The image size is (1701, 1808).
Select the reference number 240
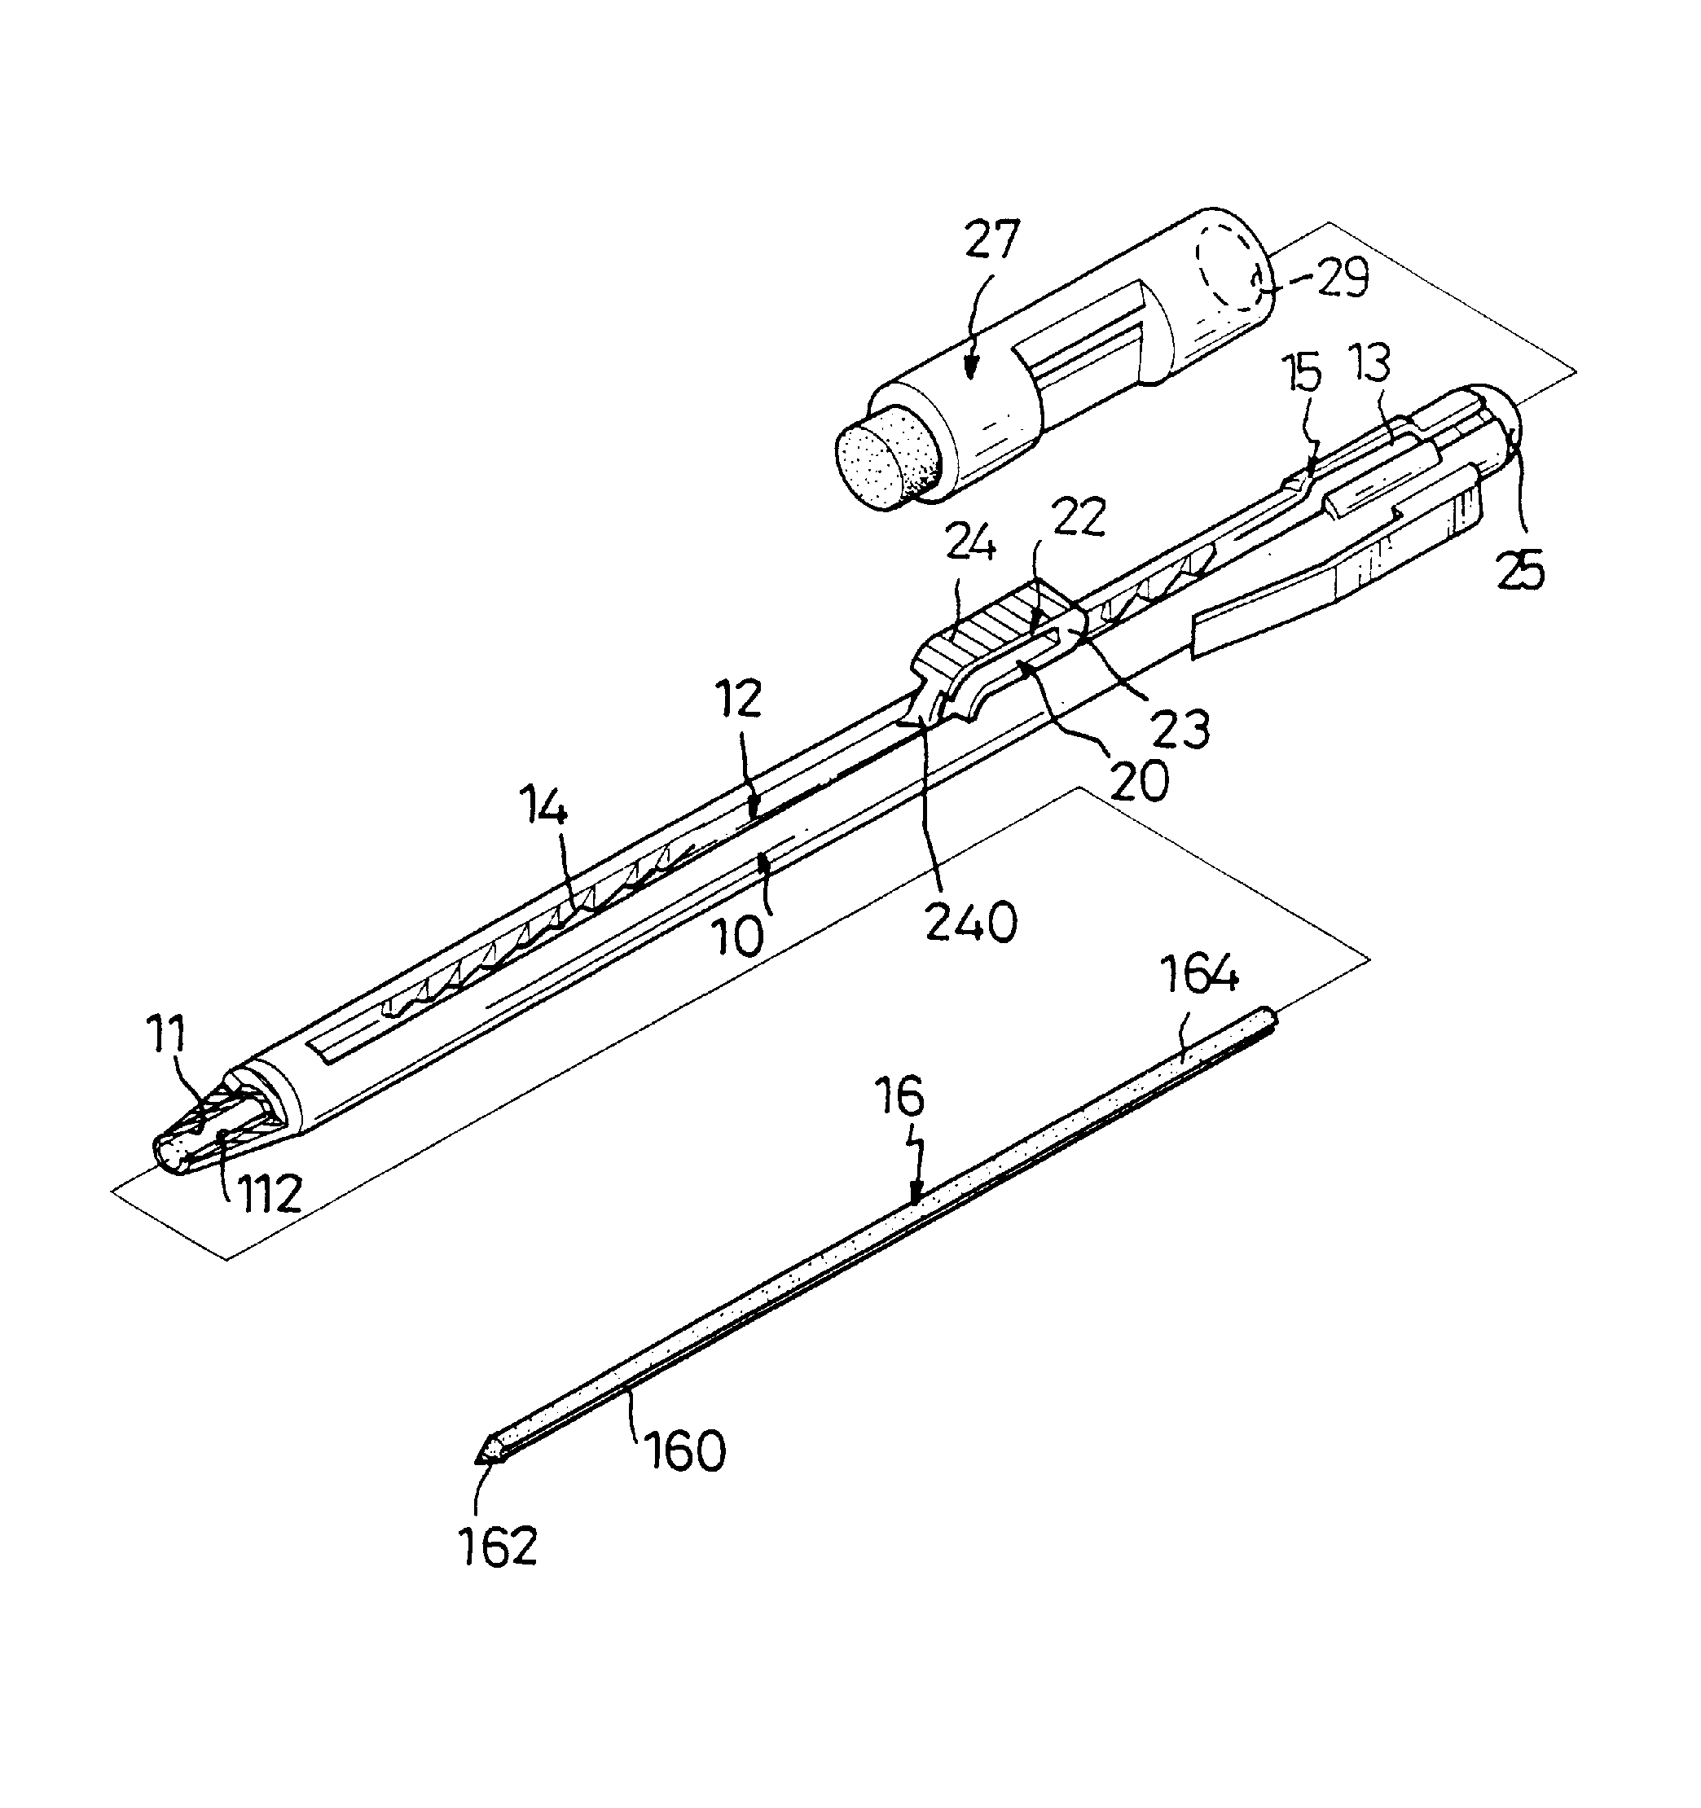[970, 923]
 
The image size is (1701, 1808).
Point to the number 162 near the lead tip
[499, 1546]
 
